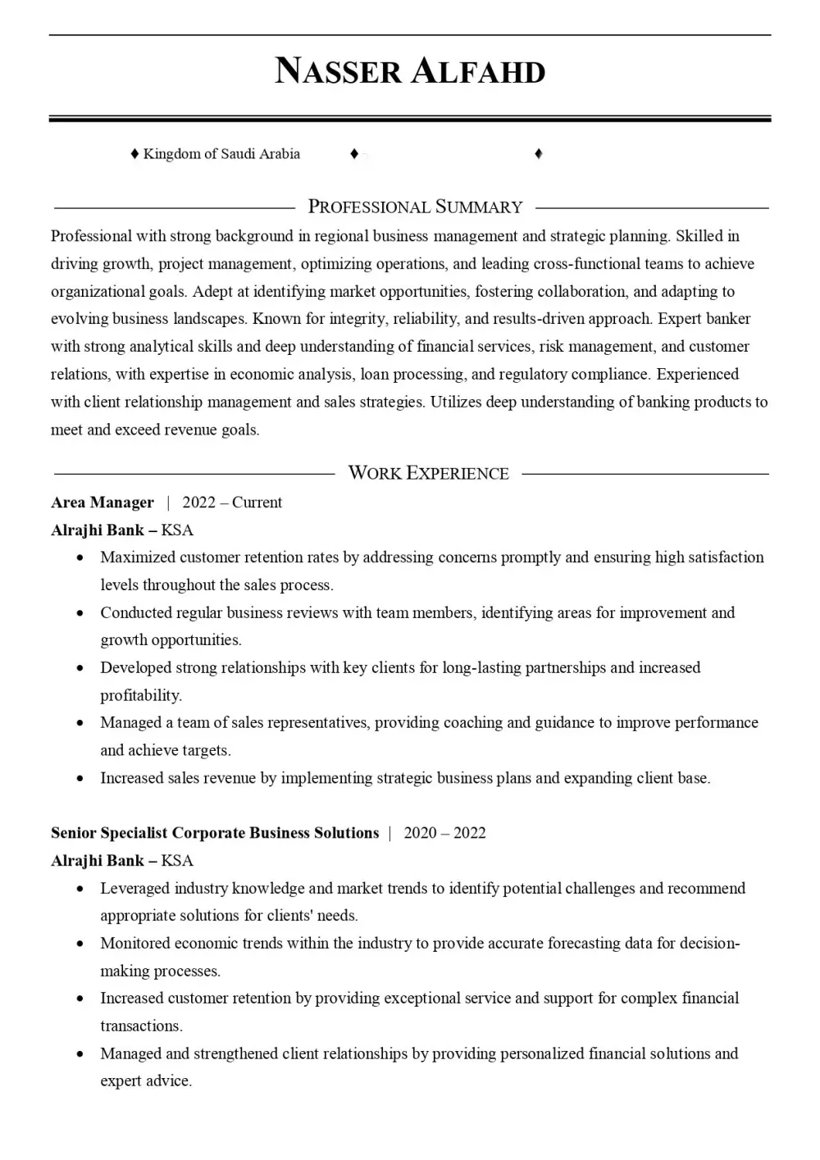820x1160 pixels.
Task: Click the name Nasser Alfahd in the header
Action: pyautogui.click(x=410, y=72)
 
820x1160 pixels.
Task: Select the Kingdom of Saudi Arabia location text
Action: pyautogui.click(x=221, y=154)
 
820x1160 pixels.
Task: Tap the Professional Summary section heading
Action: pyautogui.click(x=415, y=207)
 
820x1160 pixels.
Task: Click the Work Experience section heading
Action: pyautogui.click(x=428, y=473)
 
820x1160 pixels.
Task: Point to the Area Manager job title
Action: pyautogui.click(x=102, y=503)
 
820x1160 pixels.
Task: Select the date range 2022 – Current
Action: pyautogui.click(x=232, y=503)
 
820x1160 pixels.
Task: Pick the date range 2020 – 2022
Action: pyautogui.click(x=444, y=833)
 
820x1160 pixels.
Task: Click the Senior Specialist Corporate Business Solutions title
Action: pyautogui.click(x=215, y=833)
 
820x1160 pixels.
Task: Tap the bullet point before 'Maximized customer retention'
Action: pyautogui.click(x=80, y=557)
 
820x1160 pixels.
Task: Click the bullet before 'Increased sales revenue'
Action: pyautogui.click(x=80, y=778)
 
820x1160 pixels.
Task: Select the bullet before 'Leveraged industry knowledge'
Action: pyautogui.click(x=80, y=889)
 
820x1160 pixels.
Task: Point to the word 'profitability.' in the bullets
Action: pyautogui.click(x=141, y=695)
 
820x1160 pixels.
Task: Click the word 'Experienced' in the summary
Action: pyautogui.click(x=698, y=375)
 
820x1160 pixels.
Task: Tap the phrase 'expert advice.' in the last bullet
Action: pyautogui.click(x=146, y=1081)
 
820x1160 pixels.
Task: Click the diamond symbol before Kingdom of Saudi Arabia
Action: pyautogui.click(x=134, y=154)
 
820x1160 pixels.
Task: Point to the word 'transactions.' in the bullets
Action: pyautogui.click(x=141, y=1026)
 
